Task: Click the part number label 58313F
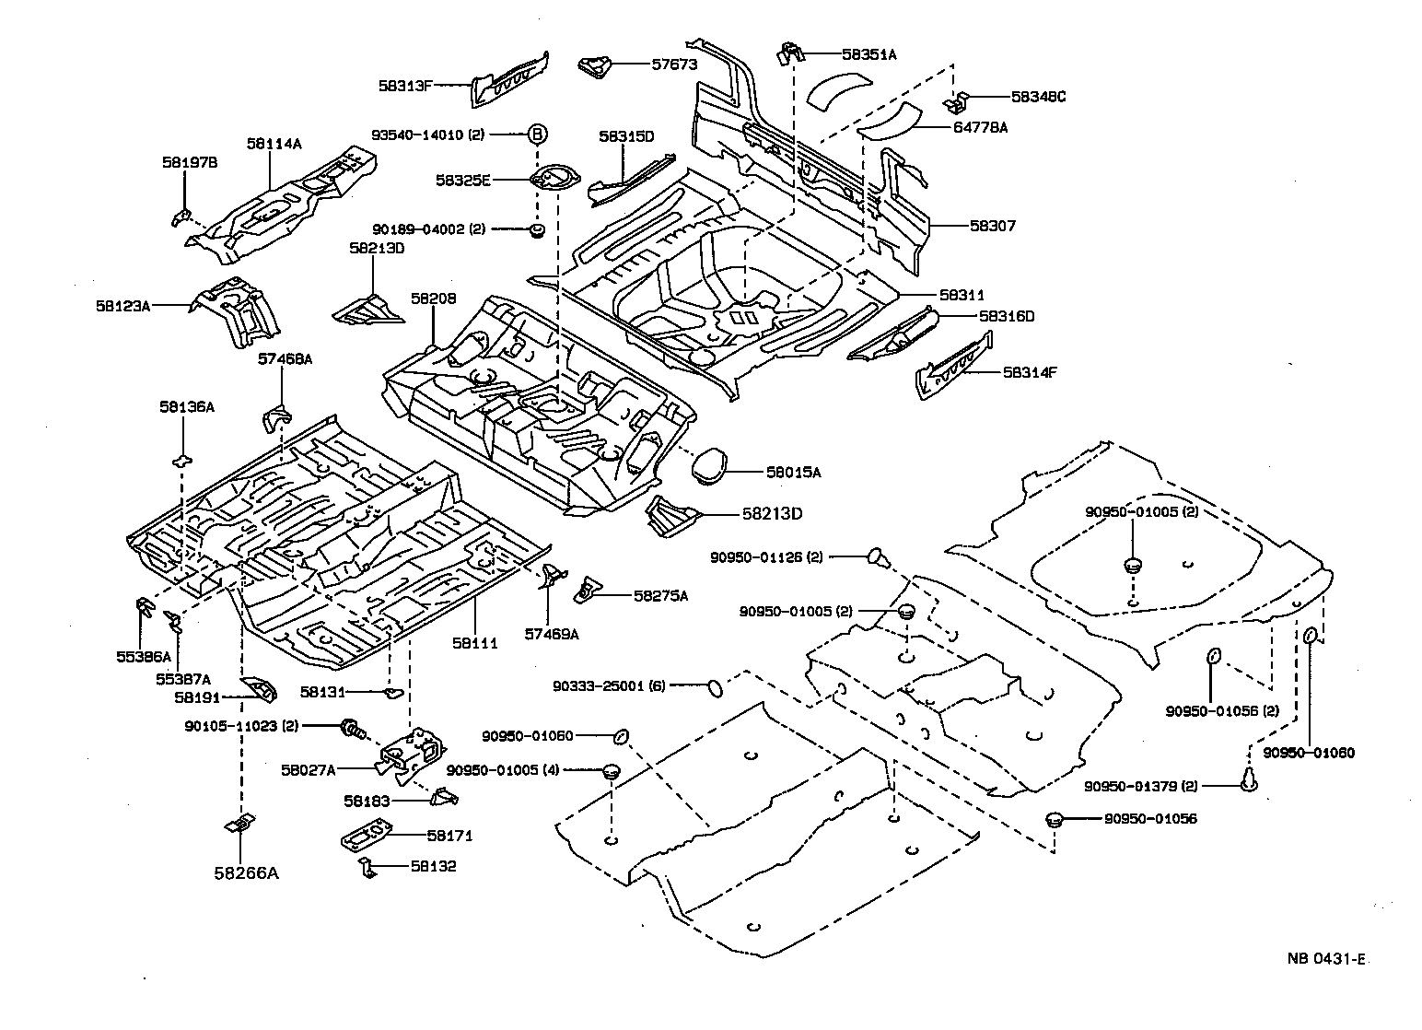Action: pyautogui.click(x=405, y=85)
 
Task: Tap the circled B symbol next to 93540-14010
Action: pyautogui.click(x=538, y=135)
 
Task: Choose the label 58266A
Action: pyautogui.click(x=245, y=872)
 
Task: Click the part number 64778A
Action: pyautogui.click(x=980, y=128)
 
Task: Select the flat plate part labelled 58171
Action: pyautogui.click(x=368, y=836)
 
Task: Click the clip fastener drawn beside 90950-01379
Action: pyautogui.click(x=1250, y=781)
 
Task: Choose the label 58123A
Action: pyautogui.click(x=122, y=304)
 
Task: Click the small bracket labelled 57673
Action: pyautogui.click(x=594, y=66)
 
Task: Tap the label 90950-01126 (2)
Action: pyautogui.click(x=766, y=556)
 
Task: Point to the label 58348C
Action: pyautogui.click(x=1038, y=96)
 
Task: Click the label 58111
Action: pyautogui.click(x=475, y=643)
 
